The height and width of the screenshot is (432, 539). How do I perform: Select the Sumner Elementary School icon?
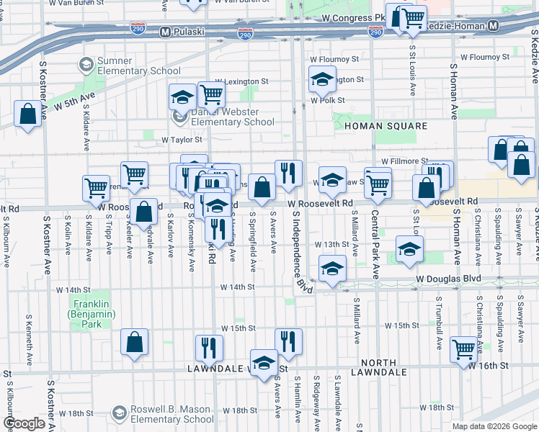tap(86, 66)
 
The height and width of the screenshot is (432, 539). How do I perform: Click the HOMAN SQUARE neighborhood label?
tap(386, 126)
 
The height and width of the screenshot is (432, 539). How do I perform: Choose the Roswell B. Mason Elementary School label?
tap(171, 414)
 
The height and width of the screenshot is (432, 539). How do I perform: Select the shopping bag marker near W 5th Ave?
tap(27, 114)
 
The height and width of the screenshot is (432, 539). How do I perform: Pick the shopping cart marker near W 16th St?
tap(463, 349)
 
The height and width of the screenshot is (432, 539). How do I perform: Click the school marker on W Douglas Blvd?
tap(331, 270)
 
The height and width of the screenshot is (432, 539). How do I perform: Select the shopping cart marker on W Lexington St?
tap(210, 94)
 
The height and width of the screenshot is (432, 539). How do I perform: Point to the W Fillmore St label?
tap(405, 161)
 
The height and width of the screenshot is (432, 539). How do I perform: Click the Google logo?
tap(25, 423)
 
